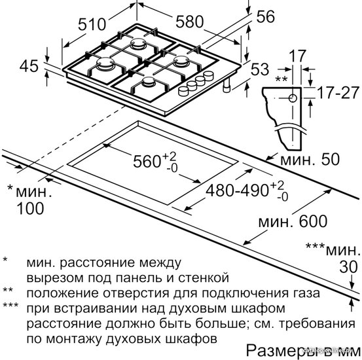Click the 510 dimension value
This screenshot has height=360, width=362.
(x=92, y=24)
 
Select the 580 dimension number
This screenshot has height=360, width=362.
(x=190, y=22)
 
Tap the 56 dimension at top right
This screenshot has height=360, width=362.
(x=266, y=16)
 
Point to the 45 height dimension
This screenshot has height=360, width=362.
(x=29, y=66)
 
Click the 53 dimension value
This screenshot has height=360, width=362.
(x=260, y=69)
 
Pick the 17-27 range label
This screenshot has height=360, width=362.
(x=338, y=92)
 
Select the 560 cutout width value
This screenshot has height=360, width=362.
(x=147, y=161)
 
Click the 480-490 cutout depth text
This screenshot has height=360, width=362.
(x=238, y=190)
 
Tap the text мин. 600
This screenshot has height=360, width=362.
(x=293, y=221)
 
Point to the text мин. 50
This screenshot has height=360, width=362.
(x=310, y=159)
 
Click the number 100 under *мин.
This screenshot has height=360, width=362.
(x=30, y=208)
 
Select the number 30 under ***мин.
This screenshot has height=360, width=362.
(x=348, y=267)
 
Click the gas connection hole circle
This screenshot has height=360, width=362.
(x=293, y=98)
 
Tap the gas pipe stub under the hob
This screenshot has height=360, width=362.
(x=226, y=86)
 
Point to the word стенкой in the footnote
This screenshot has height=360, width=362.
(x=204, y=278)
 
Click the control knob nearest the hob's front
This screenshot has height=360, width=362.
(x=183, y=91)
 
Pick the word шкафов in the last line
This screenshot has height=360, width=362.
(x=191, y=339)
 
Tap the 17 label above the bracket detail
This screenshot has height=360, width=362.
(x=298, y=56)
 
